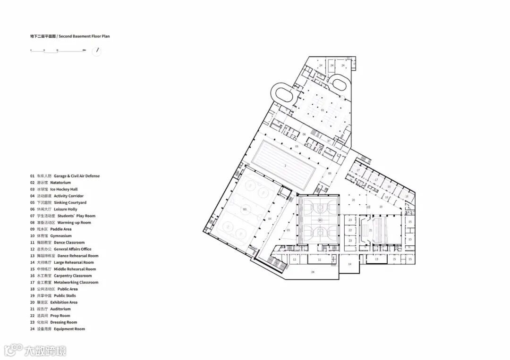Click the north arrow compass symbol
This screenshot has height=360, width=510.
(97, 50)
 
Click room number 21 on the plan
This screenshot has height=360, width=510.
(371, 230)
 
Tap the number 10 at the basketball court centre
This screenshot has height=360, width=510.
(320, 220)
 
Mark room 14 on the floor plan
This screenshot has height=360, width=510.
(350, 264)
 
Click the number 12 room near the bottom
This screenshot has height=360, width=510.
(294, 260)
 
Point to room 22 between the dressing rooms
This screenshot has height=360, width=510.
(350, 230)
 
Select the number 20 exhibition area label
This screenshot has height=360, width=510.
(353, 200)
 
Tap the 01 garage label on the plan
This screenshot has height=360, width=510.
(323, 110)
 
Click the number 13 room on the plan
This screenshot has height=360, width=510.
(377, 260)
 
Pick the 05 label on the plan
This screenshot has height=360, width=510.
(288, 230)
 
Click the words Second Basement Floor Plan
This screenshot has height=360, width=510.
(85, 36)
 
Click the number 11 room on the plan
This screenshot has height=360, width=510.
(319, 260)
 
